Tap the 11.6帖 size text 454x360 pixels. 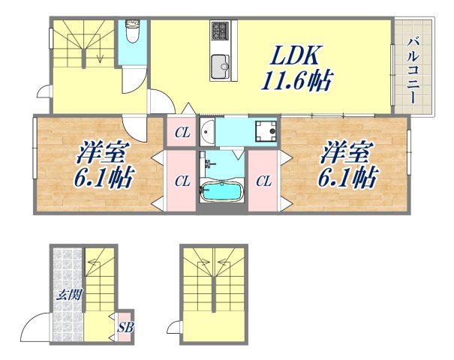tap(296, 79)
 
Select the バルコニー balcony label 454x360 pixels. tap(413, 67)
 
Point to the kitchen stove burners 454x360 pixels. tap(220, 31)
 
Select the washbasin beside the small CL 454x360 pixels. tap(207, 132)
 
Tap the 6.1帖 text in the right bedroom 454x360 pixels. tap(347, 178)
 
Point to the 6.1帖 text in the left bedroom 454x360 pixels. tap(104, 178)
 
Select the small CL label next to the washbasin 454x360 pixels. tap(182, 133)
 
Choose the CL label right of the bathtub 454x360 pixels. tap(263, 181)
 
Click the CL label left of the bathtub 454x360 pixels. tap(182, 181)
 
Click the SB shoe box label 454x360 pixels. tap(124, 327)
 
